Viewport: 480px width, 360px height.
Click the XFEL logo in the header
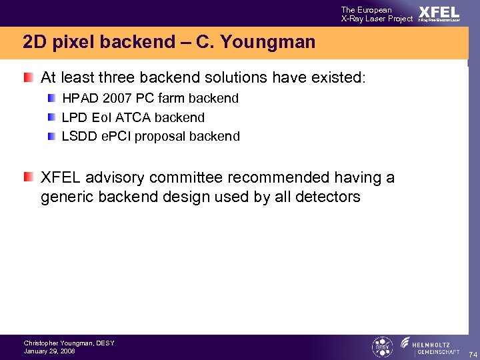point(438,13)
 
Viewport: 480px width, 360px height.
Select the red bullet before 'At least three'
point(27,77)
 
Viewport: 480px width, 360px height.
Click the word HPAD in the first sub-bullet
point(79,99)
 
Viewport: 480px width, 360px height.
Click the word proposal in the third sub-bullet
point(159,137)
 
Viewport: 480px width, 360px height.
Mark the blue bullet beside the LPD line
point(52,117)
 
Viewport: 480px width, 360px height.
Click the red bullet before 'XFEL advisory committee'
point(27,177)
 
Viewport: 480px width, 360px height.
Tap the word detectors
point(328,197)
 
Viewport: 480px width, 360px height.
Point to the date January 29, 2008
point(49,351)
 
